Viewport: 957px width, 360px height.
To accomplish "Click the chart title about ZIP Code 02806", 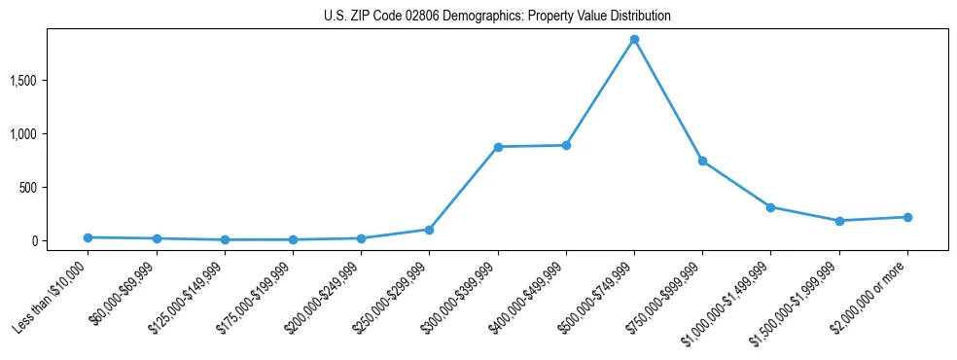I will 497,17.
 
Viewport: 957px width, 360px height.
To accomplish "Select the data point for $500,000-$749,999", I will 634,40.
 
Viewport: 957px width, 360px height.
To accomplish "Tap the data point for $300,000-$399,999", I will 498,147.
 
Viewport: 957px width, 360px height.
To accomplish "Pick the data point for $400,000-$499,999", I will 566,146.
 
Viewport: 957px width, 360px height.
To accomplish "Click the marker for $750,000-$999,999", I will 702,161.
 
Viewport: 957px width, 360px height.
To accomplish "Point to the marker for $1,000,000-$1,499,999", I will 770,207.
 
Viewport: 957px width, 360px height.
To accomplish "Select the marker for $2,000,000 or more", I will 906,217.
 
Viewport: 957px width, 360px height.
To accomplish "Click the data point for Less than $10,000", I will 89,237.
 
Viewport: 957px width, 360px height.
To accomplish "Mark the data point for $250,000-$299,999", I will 429,230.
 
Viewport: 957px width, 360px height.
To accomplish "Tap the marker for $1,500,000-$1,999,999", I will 838,221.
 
